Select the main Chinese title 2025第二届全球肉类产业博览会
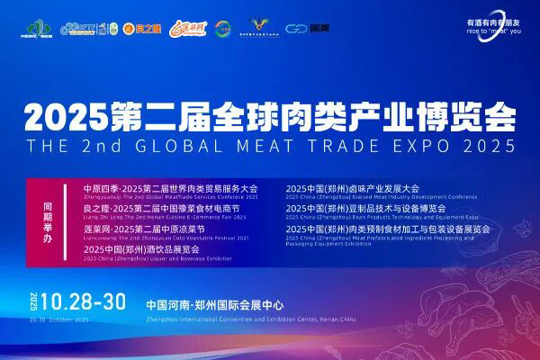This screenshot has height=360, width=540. point(270,117)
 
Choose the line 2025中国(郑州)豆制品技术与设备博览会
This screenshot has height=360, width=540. point(365,208)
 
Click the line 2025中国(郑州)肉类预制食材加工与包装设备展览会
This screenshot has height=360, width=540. point(387,229)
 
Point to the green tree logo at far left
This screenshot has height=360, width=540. point(31,27)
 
